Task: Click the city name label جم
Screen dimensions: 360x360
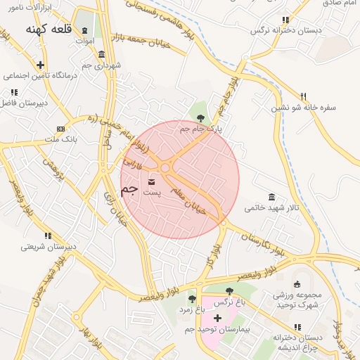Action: point(129,189)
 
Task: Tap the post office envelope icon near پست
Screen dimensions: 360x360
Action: point(152,183)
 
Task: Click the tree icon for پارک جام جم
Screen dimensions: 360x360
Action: point(201,119)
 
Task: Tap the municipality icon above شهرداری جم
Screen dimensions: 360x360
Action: point(102,54)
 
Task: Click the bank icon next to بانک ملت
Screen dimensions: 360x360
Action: point(60,129)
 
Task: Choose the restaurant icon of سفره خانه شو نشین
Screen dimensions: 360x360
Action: point(304,96)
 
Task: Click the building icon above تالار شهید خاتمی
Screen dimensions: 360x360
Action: point(272,197)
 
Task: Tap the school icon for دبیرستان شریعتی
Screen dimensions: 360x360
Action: point(47,236)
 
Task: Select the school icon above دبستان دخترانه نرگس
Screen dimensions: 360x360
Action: point(284,20)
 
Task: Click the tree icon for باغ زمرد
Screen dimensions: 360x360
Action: point(192,299)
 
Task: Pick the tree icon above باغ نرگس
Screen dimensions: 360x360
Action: point(229,290)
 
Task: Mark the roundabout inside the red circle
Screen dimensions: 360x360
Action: point(167,167)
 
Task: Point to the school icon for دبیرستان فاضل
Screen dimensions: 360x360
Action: point(13,92)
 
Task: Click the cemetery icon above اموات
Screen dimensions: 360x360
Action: point(85,30)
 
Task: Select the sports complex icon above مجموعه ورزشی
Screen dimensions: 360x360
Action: point(297,284)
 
